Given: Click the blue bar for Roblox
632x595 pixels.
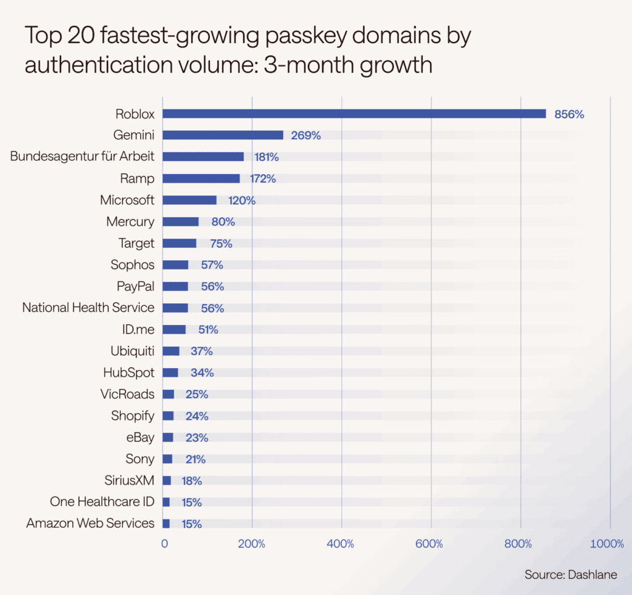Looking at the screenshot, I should pyautogui.click(x=354, y=113).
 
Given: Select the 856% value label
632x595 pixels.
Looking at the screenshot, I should pyautogui.click(x=568, y=114).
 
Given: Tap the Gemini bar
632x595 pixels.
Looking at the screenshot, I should pyautogui.click(x=223, y=135).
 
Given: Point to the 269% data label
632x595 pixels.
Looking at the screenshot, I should pyautogui.click(x=306, y=136).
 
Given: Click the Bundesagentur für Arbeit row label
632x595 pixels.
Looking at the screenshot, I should pyautogui.click(x=82, y=157).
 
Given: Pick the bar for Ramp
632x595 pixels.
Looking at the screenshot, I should pyautogui.click(x=201, y=178).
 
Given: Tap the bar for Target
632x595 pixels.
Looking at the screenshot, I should pyautogui.click(x=180, y=243).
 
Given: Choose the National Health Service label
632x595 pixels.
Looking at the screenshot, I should pyautogui.click(x=88, y=307).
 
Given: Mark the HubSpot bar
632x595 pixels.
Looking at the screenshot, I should pyautogui.click(x=170, y=372).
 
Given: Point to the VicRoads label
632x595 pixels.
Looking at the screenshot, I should pyautogui.click(x=127, y=394).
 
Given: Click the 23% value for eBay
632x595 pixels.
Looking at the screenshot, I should pyautogui.click(x=197, y=438).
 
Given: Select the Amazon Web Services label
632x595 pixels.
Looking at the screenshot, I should pyautogui.click(x=90, y=523).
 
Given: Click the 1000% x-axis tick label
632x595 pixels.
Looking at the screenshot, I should pyautogui.click(x=607, y=544).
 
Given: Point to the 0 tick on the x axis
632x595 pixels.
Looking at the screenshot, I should pyautogui.click(x=164, y=544).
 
